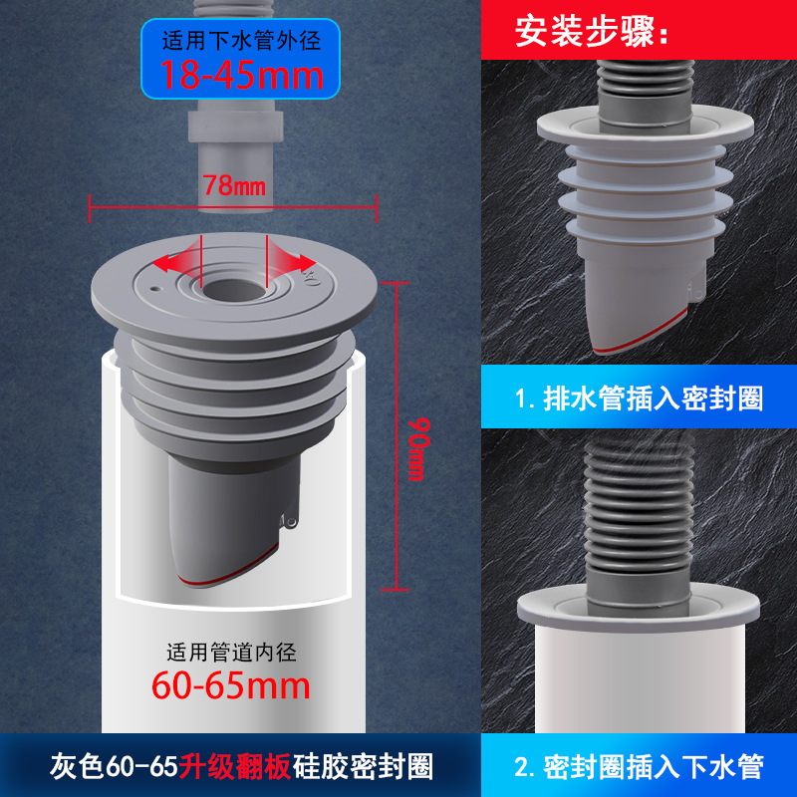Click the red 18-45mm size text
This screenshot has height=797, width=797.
tap(242, 76)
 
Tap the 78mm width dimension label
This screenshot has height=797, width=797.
tap(234, 185)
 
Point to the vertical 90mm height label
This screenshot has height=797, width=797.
tap(418, 449)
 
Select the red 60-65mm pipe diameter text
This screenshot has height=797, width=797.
tap(231, 686)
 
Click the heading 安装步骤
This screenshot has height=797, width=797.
tap(591, 32)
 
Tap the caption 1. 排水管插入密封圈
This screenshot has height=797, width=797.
tap(639, 398)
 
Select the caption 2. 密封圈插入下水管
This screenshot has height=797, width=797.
tap(639, 766)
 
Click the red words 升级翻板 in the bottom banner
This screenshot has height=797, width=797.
tap(235, 766)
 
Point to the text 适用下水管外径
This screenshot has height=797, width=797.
tap(241, 41)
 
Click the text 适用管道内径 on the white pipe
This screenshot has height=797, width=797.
tap(231, 653)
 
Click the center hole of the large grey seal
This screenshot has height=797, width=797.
tap(234, 290)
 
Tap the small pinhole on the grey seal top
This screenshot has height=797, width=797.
tap(155, 289)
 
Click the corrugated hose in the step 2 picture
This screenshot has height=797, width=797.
tap(638, 518)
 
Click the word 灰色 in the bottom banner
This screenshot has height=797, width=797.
tap(77, 767)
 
